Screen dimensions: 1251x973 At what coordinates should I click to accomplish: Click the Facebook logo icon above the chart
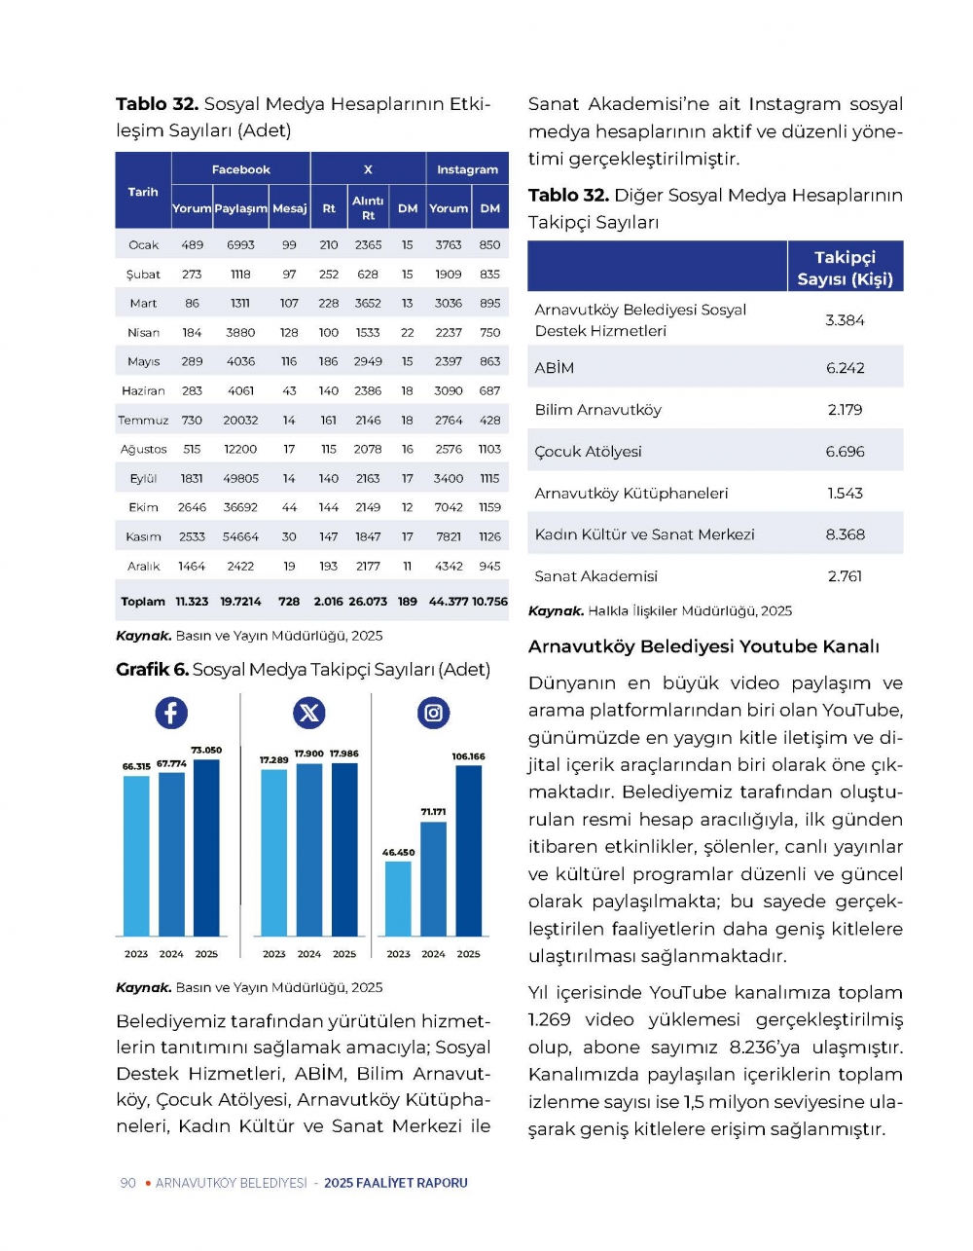171,713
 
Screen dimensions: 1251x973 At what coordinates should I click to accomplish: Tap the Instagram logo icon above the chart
433,713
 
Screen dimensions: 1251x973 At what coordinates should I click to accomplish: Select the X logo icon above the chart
308,713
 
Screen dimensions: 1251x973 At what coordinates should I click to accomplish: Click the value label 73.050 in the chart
206,750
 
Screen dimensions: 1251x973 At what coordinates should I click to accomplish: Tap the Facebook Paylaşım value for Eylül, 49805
240,478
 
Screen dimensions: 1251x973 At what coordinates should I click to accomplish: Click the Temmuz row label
143,420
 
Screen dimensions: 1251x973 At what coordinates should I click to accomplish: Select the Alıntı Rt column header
368,207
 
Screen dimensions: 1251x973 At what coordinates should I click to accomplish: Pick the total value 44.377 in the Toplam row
449,601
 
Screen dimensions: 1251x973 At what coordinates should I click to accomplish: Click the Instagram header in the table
467,169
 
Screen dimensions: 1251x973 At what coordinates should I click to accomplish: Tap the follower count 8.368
845,534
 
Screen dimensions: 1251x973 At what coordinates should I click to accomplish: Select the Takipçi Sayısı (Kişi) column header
845,268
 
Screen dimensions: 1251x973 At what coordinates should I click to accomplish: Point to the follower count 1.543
845,493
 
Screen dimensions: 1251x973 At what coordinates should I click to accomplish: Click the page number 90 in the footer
127,1182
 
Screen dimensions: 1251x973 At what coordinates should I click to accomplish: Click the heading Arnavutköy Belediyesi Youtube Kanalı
703,646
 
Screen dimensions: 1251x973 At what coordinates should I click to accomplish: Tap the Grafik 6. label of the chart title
152,669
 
